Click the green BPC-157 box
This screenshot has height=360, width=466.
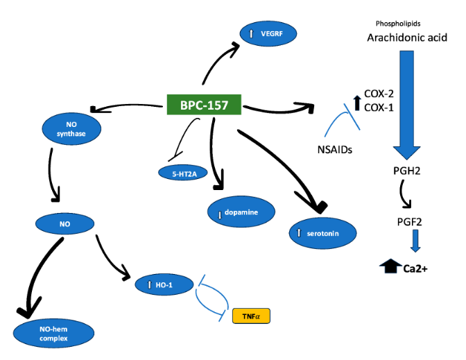(204, 105)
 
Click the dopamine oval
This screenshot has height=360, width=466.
(238, 211)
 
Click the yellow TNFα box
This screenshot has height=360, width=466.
(250, 316)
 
